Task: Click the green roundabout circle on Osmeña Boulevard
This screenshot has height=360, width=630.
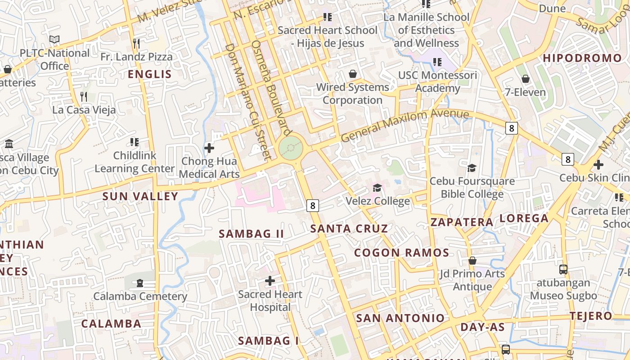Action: [291, 148]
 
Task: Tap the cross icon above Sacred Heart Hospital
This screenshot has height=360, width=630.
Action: [270, 281]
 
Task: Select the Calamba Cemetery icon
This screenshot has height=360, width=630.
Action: [140, 283]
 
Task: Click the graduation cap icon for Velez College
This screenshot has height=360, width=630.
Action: [377, 188]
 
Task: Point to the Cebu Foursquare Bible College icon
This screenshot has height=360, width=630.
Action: [472, 168]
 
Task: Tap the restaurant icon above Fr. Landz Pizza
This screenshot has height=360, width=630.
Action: [136, 44]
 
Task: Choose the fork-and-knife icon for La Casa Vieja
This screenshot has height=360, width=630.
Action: [84, 97]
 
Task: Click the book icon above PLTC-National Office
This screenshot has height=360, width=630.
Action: [54, 40]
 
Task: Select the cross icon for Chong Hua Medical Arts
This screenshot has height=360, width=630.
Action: [209, 148]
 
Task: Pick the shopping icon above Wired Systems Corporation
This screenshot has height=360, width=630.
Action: [353, 74]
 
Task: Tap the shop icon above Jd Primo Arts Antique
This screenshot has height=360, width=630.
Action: [472, 261]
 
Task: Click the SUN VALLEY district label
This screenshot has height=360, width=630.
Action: [140, 196]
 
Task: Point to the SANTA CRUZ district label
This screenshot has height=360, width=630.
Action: [349, 229]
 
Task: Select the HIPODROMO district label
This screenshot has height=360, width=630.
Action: [582, 58]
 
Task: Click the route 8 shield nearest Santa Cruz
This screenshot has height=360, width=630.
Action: [313, 206]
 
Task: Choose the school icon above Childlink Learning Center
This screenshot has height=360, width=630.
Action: [134, 143]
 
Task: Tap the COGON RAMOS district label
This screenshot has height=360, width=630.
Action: [401, 252]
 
